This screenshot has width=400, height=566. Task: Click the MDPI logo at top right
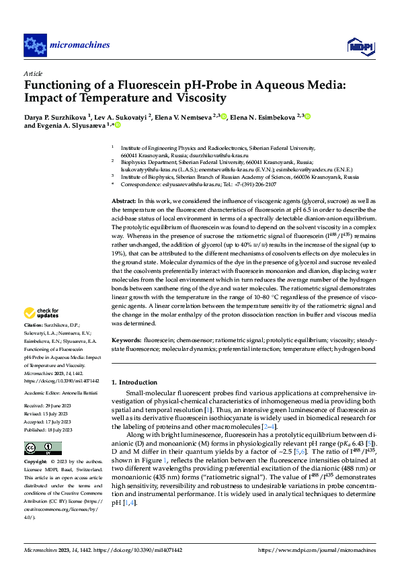click(360, 45)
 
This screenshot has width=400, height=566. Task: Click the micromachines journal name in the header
click(80, 45)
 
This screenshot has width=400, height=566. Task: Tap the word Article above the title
click(33, 73)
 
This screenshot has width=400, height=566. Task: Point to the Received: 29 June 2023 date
click(50, 406)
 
